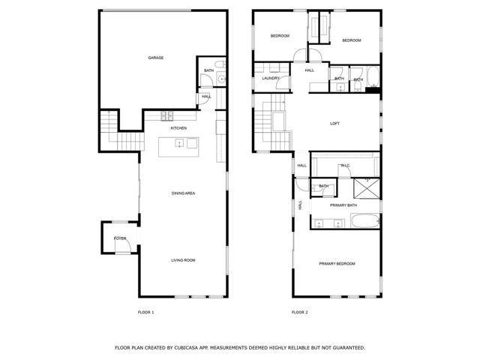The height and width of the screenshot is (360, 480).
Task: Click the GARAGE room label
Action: point(155,58)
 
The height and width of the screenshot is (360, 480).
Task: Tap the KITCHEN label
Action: point(178,128)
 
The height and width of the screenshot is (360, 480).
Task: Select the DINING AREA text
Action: point(183,193)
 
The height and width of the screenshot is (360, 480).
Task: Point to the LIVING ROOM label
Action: point(183,260)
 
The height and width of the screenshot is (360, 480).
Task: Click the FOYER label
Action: point(120,238)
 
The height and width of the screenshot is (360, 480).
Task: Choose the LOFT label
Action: point(334,123)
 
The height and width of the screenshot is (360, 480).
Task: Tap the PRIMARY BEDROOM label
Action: point(337,263)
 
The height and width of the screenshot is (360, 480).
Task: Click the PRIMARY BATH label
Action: point(343,205)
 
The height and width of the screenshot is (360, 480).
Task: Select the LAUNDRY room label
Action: point(271,78)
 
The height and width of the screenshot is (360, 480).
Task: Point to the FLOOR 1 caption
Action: point(145,312)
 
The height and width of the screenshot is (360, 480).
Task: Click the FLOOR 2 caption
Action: point(300,312)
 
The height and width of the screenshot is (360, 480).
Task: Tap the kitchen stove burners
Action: point(167,115)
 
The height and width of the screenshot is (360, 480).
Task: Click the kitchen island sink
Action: point(179,143)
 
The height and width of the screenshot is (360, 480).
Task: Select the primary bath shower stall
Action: point(367,188)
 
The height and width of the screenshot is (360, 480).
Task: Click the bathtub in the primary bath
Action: point(365,220)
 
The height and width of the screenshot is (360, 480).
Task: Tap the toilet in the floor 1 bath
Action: point(220,64)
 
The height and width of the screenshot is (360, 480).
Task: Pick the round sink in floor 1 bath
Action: point(221,79)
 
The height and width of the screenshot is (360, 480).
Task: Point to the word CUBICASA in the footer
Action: point(187,348)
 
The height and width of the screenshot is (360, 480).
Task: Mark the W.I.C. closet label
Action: point(345,166)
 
